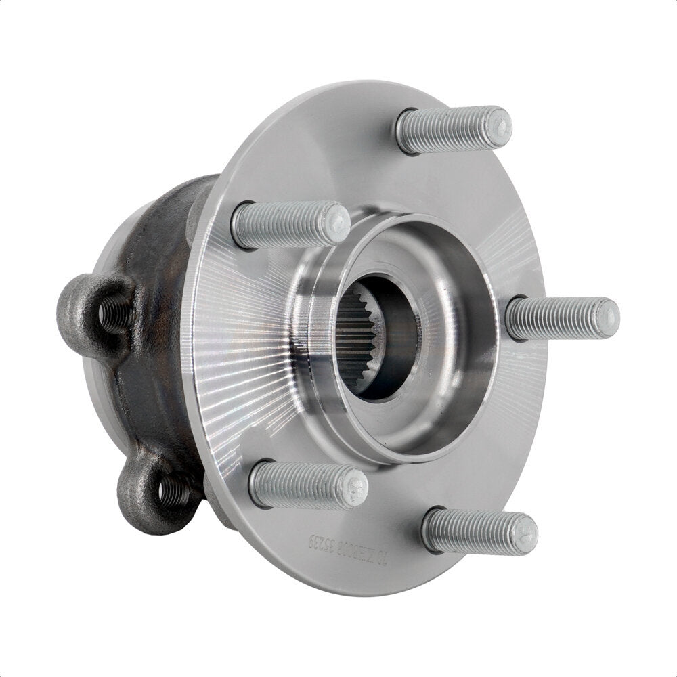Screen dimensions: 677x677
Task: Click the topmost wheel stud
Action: click(452, 129)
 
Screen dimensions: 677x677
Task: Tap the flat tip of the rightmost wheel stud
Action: click(607, 317)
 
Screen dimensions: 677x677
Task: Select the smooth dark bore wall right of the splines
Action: click(399, 338)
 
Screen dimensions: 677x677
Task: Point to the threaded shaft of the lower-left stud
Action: click(298, 483)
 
